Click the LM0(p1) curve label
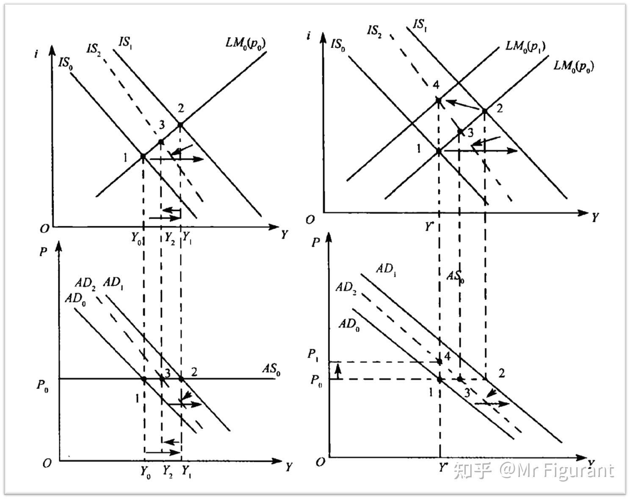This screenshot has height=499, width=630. (x=525, y=46)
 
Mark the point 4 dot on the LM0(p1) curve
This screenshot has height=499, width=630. (x=439, y=100)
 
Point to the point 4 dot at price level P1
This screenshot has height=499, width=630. (x=439, y=361)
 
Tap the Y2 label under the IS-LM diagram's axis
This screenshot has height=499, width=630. (x=170, y=239)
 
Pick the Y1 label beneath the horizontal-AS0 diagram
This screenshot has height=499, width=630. (x=186, y=471)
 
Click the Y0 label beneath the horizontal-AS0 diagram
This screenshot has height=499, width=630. (x=146, y=471)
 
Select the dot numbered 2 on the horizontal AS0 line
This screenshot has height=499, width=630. (x=181, y=379)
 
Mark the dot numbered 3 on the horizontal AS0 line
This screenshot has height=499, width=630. (x=161, y=378)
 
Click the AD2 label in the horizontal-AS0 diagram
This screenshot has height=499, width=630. (x=85, y=283)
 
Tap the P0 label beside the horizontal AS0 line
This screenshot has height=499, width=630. (x=42, y=386)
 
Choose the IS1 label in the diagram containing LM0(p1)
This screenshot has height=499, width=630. (x=420, y=25)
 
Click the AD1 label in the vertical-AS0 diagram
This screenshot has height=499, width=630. (x=386, y=269)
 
